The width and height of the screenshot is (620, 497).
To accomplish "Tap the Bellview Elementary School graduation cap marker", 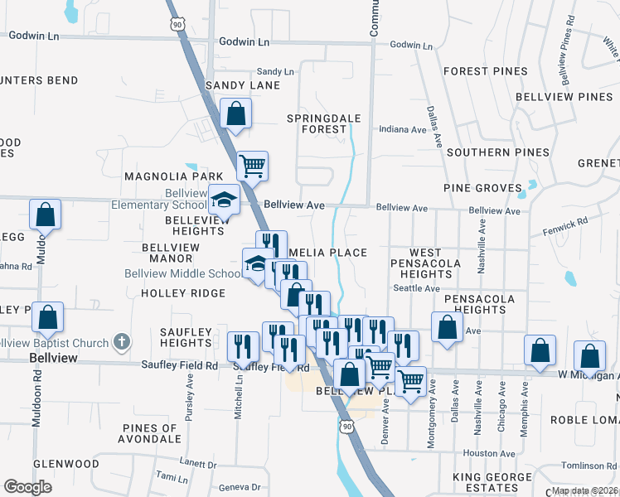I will (x=223, y=199).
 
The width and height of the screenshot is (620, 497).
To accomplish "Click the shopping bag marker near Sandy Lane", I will (x=236, y=113).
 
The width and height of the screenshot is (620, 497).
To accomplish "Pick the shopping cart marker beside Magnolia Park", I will (x=252, y=164).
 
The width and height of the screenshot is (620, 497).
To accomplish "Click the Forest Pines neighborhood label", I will (x=480, y=71).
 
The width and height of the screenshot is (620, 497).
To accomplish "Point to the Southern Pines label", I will (x=497, y=152).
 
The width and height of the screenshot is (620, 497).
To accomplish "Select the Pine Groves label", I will (x=482, y=188).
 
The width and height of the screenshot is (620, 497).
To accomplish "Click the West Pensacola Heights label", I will (x=437, y=263).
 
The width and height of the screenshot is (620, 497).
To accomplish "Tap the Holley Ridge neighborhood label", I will (x=183, y=293).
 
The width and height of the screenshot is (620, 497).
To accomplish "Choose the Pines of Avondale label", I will (x=149, y=433).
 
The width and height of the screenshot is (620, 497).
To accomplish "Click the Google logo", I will (x=27, y=487).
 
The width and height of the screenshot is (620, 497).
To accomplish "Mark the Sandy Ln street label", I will (x=275, y=72).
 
